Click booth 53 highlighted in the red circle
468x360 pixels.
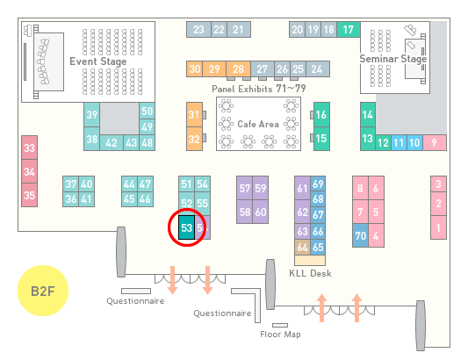click(x=186, y=227)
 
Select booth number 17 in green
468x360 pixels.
click(x=349, y=30)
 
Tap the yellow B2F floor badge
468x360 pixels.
click(x=43, y=291)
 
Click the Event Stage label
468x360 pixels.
click(x=98, y=61)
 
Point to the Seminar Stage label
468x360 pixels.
click(x=393, y=59)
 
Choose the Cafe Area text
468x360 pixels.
click(x=258, y=124)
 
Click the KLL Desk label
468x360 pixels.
click(x=310, y=273)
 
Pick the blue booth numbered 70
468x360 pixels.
click(x=361, y=235)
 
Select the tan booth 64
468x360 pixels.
click(x=302, y=247)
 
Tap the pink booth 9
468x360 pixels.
click(x=435, y=143)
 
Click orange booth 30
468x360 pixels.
click(x=195, y=69)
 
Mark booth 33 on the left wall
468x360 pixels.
click(x=29, y=148)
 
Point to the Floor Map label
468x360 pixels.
click(x=280, y=334)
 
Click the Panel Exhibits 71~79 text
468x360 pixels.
click(x=259, y=89)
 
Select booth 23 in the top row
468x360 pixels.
click(x=198, y=30)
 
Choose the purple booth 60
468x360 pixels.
click(x=261, y=212)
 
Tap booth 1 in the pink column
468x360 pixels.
click(x=438, y=227)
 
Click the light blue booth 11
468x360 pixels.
click(x=399, y=143)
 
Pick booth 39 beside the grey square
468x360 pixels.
click(x=91, y=115)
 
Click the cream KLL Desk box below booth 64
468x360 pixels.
click(x=310, y=260)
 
